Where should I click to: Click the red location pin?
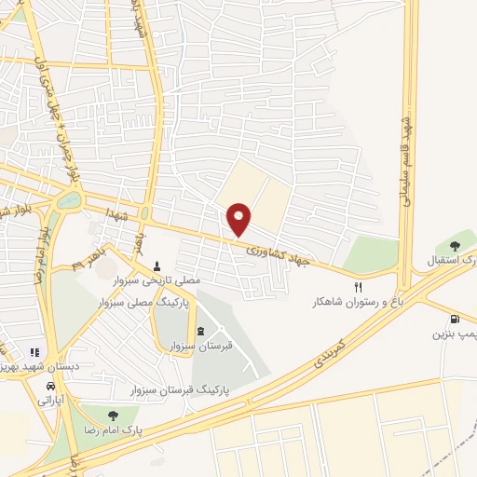pos(239,219)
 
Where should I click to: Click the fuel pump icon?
pos(456,318)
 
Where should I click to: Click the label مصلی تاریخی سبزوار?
pos(155,279)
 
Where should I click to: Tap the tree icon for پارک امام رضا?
pos(113,416)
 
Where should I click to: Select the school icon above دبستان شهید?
pos(34,353)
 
